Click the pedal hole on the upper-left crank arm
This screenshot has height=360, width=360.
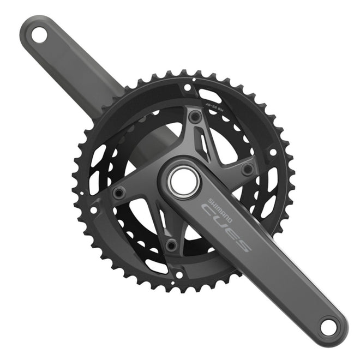pyautogui.click(x=38, y=35)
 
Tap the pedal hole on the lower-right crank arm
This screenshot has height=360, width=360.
pyautogui.click(x=327, y=327)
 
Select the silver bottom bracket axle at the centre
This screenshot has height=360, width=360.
pyautogui.click(x=181, y=182)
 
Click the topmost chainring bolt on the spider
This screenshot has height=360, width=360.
pyautogui.click(x=194, y=116)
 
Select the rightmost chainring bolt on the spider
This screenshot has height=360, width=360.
pyautogui.click(x=248, y=169)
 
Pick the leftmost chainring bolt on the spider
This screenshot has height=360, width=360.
pyautogui.click(x=118, y=192)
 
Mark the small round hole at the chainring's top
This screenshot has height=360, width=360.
pyautogui.click(x=188, y=87)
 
